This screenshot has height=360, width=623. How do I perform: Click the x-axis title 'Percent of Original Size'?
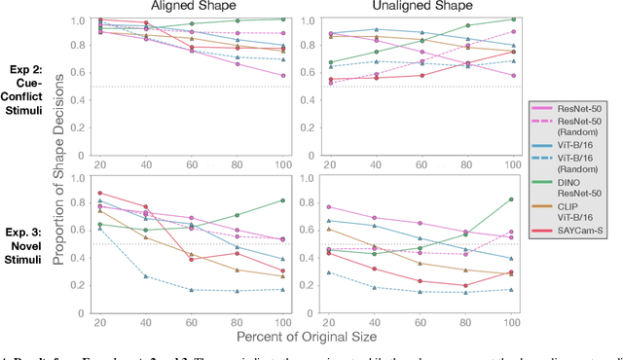(x=307, y=335)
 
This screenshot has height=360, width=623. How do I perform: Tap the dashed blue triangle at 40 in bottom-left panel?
(x=146, y=276)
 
